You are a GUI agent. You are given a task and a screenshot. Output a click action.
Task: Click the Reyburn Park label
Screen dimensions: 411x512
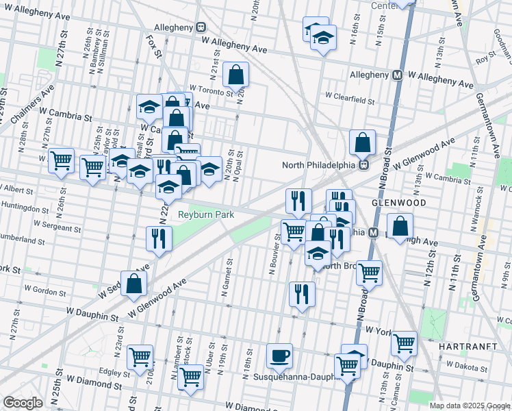(206, 214)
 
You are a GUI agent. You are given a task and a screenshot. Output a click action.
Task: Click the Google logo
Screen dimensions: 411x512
(23, 403)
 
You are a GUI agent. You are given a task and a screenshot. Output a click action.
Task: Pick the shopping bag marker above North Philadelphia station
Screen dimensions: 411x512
(362, 142)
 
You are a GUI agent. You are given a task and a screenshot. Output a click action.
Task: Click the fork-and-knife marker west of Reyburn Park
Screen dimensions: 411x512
(159, 239)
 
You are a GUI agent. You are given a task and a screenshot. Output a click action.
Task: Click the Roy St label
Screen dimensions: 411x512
(485, 60)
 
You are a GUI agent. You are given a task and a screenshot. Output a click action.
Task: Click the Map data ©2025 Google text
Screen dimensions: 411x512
(469, 406)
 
